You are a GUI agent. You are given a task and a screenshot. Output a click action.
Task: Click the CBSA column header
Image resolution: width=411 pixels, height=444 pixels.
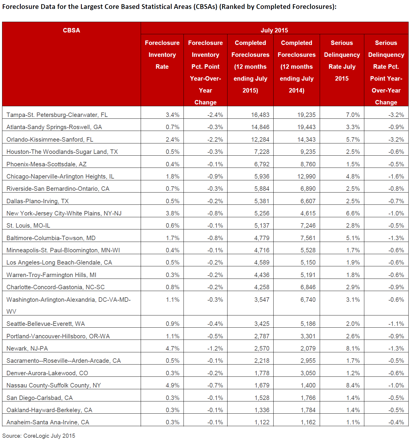tap(71, 30)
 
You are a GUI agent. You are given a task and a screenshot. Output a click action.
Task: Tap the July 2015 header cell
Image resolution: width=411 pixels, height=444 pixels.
tap(274, 30)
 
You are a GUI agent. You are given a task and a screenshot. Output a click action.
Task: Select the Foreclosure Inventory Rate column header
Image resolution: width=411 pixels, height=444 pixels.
tap(162, 54)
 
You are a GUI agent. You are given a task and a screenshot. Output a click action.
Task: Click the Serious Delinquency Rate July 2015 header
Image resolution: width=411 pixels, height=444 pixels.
tap(342, 61)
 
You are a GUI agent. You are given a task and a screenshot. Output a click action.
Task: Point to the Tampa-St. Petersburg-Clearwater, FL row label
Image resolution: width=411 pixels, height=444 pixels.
tap(57, 115)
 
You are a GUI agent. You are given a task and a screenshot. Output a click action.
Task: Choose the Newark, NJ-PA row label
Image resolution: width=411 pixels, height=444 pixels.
tap(27, 348)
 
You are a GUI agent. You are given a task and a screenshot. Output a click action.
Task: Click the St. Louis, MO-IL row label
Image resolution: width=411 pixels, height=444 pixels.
tap(28, 225)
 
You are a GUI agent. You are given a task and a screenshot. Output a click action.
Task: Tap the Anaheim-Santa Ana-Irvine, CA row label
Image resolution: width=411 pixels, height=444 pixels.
tap(48, 422)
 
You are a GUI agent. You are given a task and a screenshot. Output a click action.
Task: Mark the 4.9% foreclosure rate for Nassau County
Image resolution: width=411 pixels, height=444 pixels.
tap(172, 385)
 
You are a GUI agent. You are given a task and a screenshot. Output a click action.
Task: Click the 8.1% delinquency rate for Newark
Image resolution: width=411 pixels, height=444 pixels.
tap(353, 348)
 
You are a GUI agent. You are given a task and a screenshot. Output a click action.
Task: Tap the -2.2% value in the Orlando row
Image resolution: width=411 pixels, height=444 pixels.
tap(215, 140)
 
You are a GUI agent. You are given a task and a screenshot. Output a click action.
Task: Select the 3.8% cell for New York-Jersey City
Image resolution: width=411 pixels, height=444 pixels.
tap(172, 213)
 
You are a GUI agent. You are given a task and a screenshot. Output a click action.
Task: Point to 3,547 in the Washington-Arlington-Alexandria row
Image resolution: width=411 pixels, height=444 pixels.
tap(262, 300)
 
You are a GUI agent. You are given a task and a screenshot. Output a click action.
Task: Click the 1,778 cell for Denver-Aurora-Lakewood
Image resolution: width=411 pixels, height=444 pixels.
tap(262, 373)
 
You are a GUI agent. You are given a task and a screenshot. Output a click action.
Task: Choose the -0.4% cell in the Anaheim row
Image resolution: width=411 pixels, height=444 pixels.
tap(396, 422)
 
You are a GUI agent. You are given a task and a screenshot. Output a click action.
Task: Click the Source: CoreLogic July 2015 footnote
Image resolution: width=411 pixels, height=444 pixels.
tap(39, 436)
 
